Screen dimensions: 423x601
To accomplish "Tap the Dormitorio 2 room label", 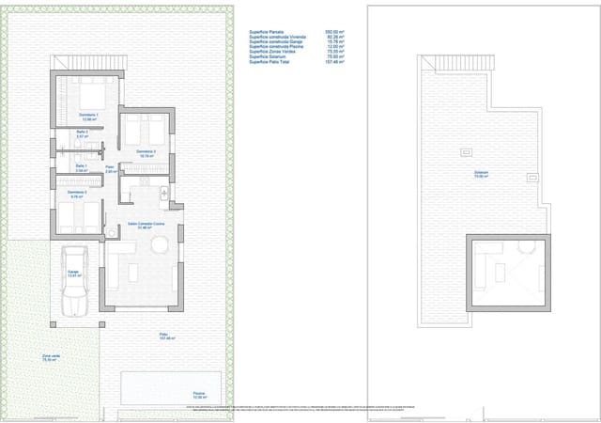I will (77, 194).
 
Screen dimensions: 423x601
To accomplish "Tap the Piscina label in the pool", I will (199, 394).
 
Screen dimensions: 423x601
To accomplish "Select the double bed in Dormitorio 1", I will (91, 96).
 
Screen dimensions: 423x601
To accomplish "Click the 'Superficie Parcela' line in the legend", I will (269, 31).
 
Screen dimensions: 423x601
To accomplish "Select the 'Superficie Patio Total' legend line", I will (273, 65).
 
